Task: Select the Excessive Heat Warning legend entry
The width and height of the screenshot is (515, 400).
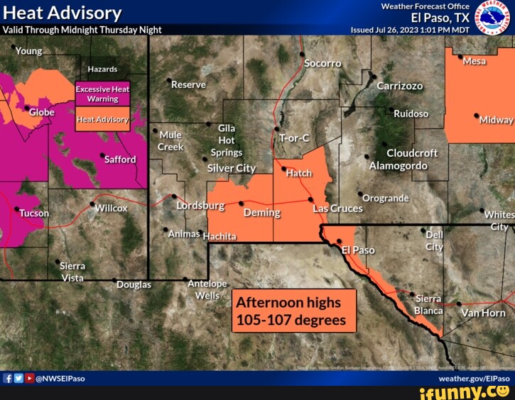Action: point(102,94)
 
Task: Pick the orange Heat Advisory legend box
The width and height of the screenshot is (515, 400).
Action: point(102,120)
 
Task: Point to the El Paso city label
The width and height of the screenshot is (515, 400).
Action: point(358,250)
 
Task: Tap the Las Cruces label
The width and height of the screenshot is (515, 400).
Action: point(337,209)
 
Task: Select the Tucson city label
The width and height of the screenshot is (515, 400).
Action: point(34,213)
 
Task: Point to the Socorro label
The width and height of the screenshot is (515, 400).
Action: point(322,63)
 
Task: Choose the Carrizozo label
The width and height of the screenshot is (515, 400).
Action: point(399,85)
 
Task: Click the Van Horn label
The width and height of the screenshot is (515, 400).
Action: point(483,313)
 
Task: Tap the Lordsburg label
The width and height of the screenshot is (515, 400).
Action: point(200,206)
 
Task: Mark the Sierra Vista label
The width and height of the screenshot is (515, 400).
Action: point(72,271)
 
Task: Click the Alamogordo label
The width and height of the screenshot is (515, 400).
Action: point(398,166)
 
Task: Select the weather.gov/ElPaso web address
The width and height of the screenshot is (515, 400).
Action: point(479,379)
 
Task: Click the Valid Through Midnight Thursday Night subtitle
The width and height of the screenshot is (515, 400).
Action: point(82,30)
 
